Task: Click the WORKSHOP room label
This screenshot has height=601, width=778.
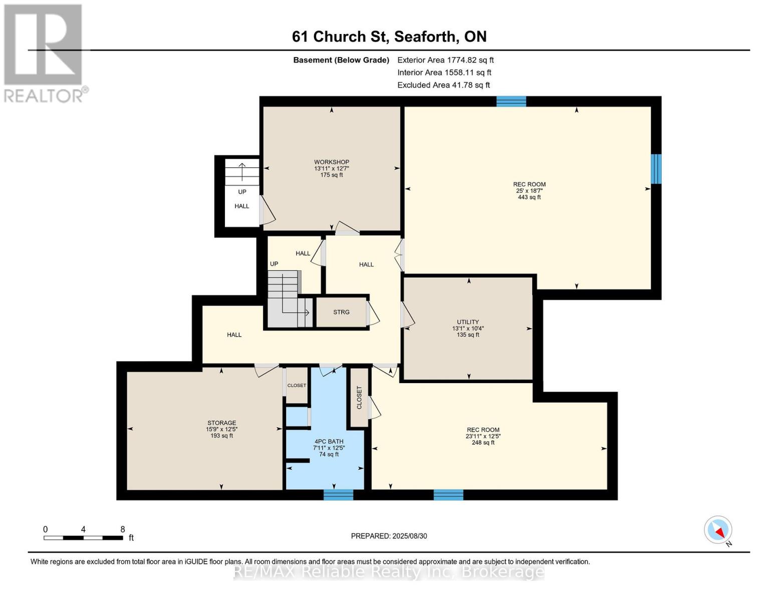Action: click(331, 162)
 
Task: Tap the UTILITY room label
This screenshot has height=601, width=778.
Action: click(467, 322)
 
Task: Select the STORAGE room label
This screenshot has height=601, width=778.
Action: click(221, 423)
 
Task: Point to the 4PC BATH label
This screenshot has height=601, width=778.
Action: click(329, 441)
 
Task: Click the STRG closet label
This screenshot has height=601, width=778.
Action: click(341, 312)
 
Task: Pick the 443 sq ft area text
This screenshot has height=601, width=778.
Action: click(529, 197)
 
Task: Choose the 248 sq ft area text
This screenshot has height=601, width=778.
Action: click(483, 443)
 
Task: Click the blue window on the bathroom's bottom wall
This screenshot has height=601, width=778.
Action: click(338, 495)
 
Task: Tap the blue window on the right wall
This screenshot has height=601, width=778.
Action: click(656, 169)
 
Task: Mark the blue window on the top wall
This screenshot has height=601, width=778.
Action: click(511, 101)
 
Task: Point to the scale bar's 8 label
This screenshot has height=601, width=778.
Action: click(122, 529)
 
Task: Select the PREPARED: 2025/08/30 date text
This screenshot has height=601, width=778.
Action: click(389, 536)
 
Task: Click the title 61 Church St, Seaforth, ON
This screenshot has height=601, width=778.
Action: click(389, 37)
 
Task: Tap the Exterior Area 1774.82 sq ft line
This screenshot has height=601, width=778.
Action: click(445, 60)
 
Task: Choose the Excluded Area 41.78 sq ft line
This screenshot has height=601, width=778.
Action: click(443, 85)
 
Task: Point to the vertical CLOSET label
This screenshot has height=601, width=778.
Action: click(359, 398)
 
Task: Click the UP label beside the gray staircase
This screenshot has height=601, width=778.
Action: click(274, 264)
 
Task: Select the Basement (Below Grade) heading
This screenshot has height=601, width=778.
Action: click(341, 60)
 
